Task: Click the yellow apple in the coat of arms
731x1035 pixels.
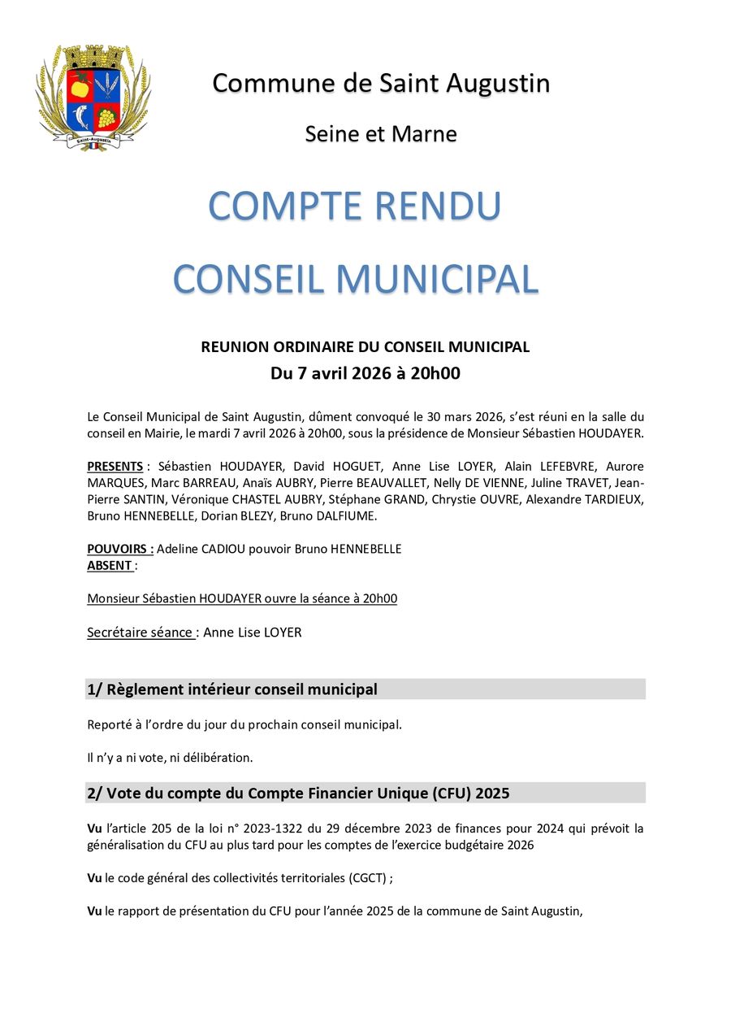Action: click(80, 85)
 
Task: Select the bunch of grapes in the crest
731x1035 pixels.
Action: click(106, 117)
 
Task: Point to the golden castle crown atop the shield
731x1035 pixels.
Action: click(93, 57)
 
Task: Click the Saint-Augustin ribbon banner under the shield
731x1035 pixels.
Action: click(93, 140)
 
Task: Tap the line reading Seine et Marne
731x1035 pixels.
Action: click(381, 134)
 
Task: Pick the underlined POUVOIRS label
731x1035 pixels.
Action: click(120, 549)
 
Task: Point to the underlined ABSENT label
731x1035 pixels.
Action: click(110, 565)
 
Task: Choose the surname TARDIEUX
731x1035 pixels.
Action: click(612, 499)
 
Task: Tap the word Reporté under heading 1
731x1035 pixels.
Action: click(111, 724)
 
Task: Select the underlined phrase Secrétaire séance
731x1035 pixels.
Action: click(140, 632)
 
